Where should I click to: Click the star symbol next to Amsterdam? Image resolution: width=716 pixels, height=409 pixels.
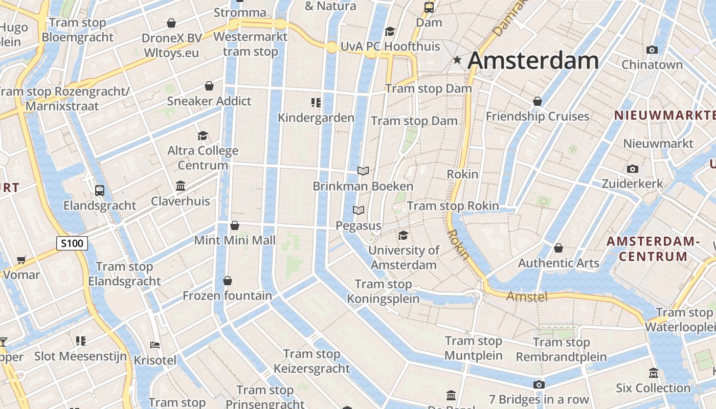[x=457, y=60]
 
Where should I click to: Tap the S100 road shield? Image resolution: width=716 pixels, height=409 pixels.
[x=72, y=243]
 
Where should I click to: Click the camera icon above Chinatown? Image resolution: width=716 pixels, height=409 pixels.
[x=652, y=50]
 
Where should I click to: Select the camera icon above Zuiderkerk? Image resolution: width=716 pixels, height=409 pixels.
[x=633, y=169]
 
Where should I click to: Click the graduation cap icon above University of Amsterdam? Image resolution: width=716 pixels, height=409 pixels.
[x=403, y=235]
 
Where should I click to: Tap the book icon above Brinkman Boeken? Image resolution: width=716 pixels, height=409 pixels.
[x=363, y=171]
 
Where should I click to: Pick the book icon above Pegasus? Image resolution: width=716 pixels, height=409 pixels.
[x=359, y=210]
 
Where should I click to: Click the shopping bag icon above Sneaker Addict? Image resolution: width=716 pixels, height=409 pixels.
[x=209, y=86]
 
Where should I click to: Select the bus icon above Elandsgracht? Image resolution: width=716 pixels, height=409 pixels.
[x=100, y=191]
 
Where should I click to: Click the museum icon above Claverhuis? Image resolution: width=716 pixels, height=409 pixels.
[x=181, y=186]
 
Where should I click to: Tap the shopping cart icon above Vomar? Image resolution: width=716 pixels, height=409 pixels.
[x=21, y=260]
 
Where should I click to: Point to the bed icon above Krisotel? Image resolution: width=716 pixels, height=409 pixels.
[x=155, y=345]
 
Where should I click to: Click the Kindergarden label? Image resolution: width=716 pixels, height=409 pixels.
[x=316, y=118]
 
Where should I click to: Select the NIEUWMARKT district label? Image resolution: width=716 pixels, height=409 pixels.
[x=664, y=115]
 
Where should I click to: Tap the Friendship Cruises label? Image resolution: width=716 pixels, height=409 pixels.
[x=537, y=117]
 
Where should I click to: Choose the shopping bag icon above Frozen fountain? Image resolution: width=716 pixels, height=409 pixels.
[x=228, y=281]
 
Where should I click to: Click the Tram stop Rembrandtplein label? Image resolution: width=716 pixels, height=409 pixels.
[x=561, y=350]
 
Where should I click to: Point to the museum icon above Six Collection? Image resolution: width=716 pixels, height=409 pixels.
[x=653, y=373]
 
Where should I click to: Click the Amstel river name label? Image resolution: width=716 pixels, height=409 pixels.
[x=527, y=296]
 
